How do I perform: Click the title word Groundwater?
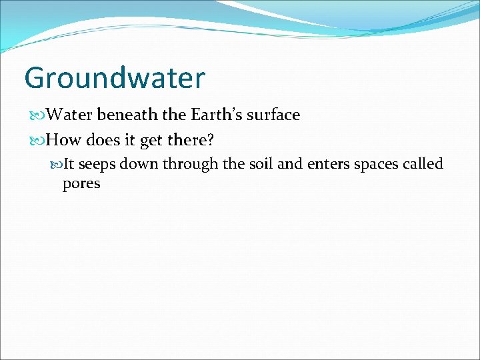114,78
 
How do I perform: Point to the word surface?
274,115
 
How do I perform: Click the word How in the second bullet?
63,140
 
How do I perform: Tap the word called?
424,164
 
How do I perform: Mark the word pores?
81,183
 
